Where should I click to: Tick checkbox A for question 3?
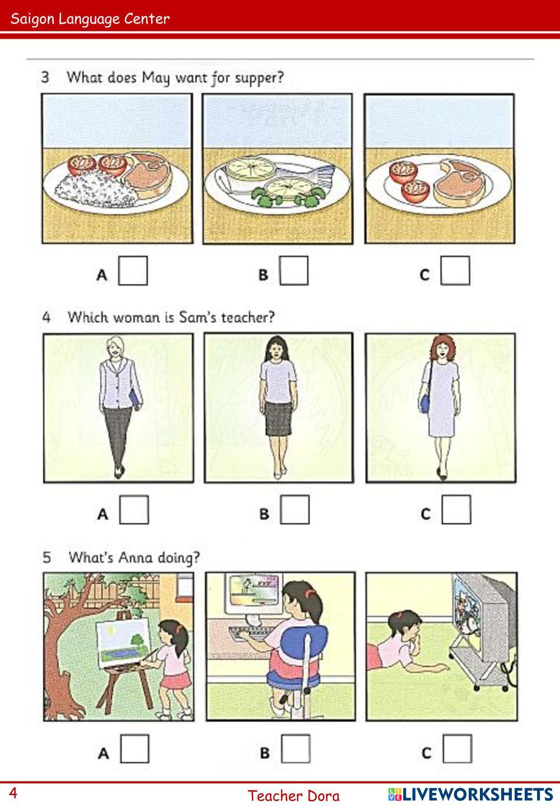tap(133, 271)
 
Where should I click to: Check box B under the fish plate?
tap(294, 271)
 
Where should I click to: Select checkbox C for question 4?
tap(456, 510)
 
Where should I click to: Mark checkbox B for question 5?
tap(296, 749)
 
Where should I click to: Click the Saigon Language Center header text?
tap(90, 19)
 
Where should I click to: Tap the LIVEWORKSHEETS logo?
tap(470, 794)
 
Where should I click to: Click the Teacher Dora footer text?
tap(293, 796)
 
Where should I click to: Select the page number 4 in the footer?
tap(13, 793)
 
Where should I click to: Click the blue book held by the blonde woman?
tap(134, 398)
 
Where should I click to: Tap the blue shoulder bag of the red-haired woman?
tap(425, 403)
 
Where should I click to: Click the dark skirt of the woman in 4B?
tap(278, 419)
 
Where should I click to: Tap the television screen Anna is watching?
tap(466, 614)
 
